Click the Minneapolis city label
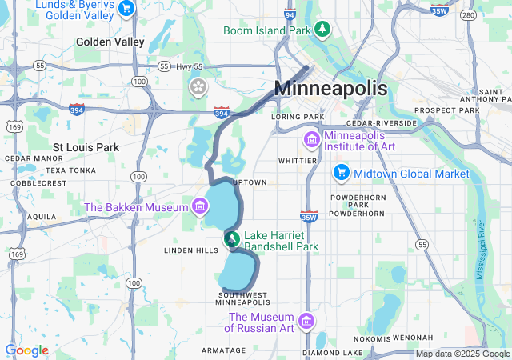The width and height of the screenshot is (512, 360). tap(330, 89)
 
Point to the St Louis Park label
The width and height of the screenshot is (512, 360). tap(86, 147)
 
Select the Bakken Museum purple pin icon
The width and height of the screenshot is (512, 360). tap(199, 207)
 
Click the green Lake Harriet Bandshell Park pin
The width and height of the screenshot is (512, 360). tap(231, 239)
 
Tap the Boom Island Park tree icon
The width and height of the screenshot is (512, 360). tap(322, 30)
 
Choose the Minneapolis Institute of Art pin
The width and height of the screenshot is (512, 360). tap(310, 140)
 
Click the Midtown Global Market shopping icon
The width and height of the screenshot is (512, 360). tap(342, 173)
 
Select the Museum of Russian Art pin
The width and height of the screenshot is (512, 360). tap(305, 322)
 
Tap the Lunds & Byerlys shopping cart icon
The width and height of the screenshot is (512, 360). tap(126, 9)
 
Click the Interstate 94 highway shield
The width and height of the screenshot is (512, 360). tap(290, 14)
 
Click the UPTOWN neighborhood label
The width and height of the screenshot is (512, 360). tap(250, 182)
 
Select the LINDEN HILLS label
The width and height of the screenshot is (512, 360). tap(190, 250)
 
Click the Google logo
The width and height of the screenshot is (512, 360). tap(26, 350)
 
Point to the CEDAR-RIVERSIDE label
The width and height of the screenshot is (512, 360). tap(382, 123)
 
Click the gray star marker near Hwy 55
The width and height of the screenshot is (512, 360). tap(197, 85)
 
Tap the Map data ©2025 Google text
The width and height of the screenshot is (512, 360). tap(462, 354)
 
